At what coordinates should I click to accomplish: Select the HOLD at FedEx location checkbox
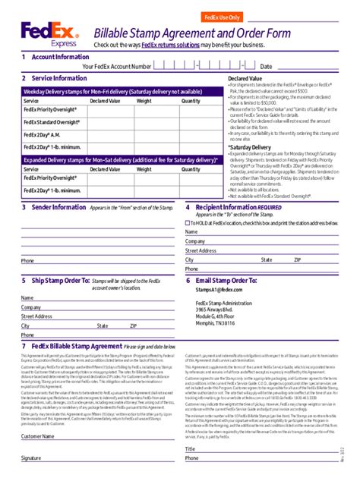point(188,222)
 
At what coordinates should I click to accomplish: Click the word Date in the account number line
point(266,67)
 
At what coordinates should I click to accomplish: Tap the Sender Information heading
point(58,206)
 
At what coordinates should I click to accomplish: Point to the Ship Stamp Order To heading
point(64,280)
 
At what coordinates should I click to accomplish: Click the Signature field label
point(31,459)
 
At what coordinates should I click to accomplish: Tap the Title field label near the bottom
point(191,449)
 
